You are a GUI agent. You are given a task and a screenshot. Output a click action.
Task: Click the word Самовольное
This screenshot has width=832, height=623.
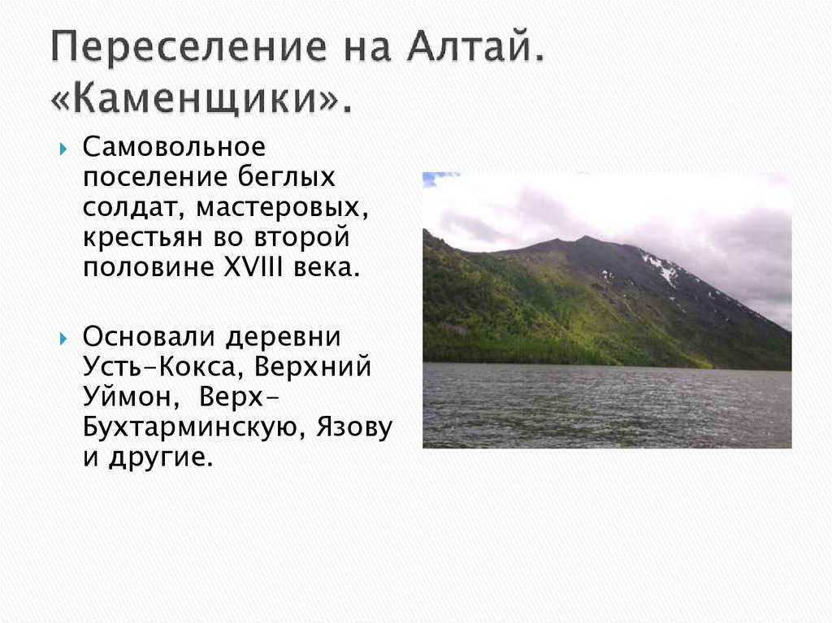click(174, 149)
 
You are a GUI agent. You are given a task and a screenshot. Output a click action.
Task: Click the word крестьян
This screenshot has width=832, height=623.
click(133, 238)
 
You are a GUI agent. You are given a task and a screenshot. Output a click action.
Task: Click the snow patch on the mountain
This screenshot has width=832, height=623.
click(662, 267)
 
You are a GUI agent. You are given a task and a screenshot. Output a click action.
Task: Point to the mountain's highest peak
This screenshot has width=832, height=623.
click(584, 239)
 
